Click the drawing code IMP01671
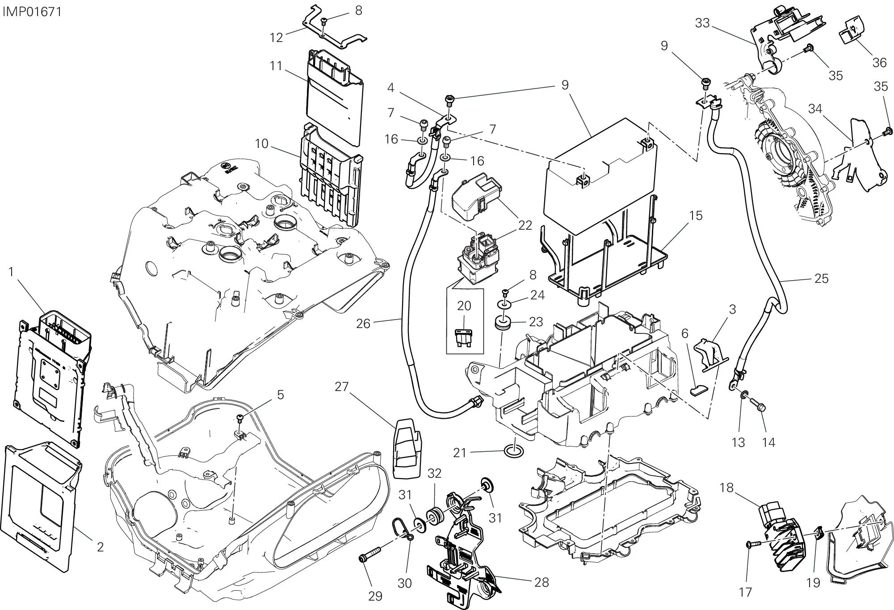[32, 11]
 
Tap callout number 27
[342, 387]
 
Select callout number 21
[460, 453]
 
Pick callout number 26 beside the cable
[364, 323]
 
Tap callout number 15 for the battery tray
[696, 215]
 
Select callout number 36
[879, 63]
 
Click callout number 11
[276, 66]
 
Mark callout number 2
[100, 547]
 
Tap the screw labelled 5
[240, 418]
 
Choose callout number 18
[727, 488]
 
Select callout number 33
[703, 23]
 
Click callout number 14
[768, 442]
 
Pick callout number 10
[262, 143]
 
